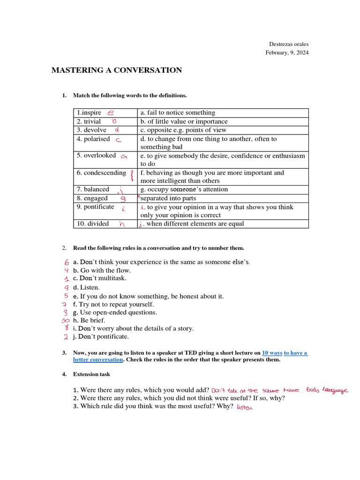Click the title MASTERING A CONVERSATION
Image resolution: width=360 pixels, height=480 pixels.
click(116, 70)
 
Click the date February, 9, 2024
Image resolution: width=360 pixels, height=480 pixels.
click(287, 52)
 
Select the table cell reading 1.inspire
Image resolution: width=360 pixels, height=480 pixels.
click(89, 113)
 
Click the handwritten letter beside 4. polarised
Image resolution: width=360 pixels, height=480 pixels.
click(119, 140)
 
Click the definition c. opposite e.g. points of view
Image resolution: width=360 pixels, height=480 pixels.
click(183, 130)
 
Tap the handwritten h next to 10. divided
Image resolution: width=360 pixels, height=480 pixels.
click(122, 224)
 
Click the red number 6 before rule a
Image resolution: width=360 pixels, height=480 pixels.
click(67, 262)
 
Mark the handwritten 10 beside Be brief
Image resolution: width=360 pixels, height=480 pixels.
click(66, 321)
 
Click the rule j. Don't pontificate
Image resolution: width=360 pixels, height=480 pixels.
click(100, 337)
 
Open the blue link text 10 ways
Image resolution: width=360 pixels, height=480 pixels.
click(272, 352)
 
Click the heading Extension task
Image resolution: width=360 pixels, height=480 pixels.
click(92, 375)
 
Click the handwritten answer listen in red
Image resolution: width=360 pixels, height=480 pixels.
click(245, 407)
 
